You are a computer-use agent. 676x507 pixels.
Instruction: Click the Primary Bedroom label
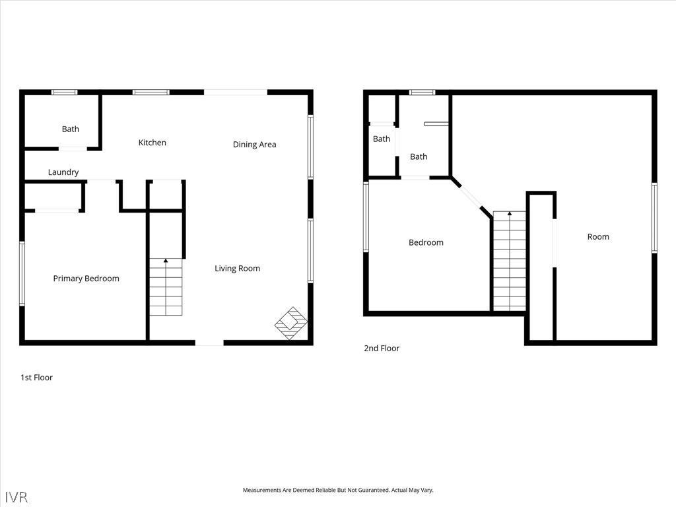point(86,279)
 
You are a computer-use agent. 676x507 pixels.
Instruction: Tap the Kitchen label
point(152,143)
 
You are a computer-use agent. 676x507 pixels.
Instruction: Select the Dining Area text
point(254,145)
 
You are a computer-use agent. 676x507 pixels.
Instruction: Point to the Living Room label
point(237,268)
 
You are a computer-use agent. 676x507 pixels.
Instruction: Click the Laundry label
point(63,172)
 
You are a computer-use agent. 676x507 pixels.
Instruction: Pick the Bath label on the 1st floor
point(71,129)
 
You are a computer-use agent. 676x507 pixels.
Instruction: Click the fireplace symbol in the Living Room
point(291,323)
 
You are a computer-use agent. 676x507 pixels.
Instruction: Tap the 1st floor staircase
point(166,287)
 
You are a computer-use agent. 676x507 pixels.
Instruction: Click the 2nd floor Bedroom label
point(426,242)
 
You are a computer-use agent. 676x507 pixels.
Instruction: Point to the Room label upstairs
point(598,237)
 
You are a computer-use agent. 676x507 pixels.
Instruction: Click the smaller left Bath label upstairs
point(382,139)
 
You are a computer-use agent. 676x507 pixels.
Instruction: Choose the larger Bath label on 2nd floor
point(419,156)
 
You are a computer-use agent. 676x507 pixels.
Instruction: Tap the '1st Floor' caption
point(36,378)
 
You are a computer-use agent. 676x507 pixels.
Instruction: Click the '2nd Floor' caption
point(382,348)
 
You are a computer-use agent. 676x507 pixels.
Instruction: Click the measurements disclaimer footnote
point(338,490)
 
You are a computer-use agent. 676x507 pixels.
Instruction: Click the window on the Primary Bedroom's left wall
point(22,273)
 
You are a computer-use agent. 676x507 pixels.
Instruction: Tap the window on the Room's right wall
point(654,217)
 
